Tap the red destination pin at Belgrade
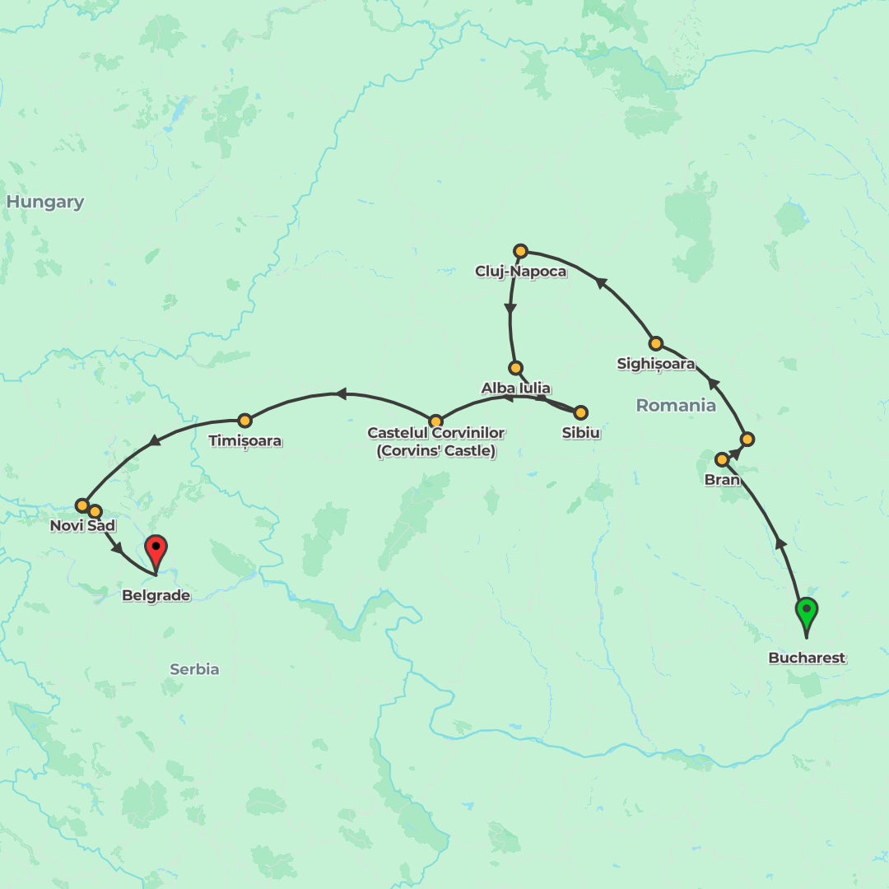pos(156,549)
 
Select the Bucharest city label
pos(807,658)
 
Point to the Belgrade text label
pos(156,595)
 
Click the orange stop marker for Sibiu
pos(580,412)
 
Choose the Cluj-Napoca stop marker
pos(520,250)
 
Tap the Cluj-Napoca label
pos(520,271)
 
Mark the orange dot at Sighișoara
pos(655,343)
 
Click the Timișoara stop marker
pos(244,421)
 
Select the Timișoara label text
pos(244,441)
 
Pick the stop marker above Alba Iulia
pos(515,368)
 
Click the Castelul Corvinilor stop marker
pos(435,421)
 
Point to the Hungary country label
pos(45,202)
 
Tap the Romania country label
pos(676,405)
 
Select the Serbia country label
pos(194,669)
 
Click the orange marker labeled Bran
pos(722,459)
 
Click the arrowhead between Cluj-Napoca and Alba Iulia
pos(510,311)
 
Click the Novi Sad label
pos(82,525)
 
